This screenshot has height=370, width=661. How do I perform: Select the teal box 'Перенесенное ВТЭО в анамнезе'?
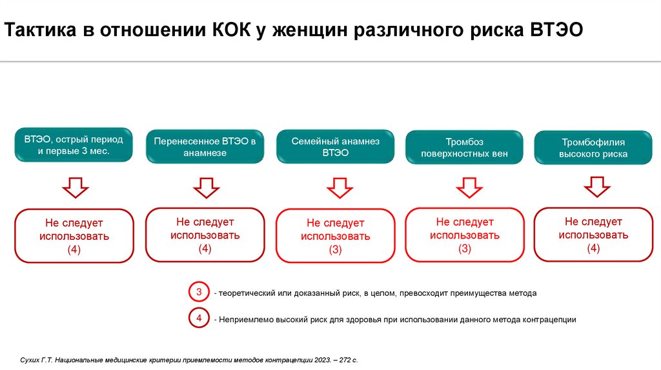205,146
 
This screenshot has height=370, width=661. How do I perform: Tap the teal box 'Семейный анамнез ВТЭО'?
336,147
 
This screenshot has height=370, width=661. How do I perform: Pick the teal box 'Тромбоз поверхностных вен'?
464,148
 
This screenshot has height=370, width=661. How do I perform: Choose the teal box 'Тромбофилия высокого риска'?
593,148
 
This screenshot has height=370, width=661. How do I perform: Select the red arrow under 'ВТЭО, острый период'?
76,188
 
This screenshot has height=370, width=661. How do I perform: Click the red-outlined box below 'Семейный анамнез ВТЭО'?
336,237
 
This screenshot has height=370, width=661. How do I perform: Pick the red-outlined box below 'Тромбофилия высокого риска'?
593,235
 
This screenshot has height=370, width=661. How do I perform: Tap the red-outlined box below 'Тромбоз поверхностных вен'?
465,235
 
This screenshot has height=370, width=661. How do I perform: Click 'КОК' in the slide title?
234,30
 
